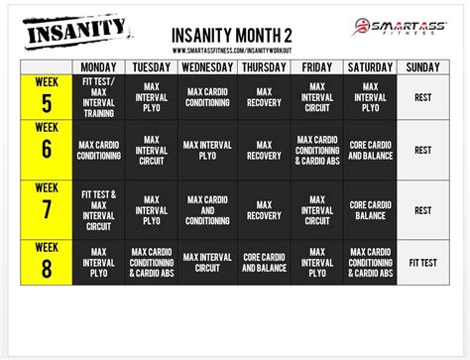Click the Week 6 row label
tap(46, 150)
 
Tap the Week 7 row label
tap(46, 209)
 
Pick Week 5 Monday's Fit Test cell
tap(98, 97)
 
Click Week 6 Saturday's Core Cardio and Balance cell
tap(369, 150)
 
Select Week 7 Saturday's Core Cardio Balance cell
tap(369, 209)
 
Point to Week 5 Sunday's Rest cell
tap(422, 97)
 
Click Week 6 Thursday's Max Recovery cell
tap(263, 150)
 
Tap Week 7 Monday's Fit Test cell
tap(98, 209)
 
